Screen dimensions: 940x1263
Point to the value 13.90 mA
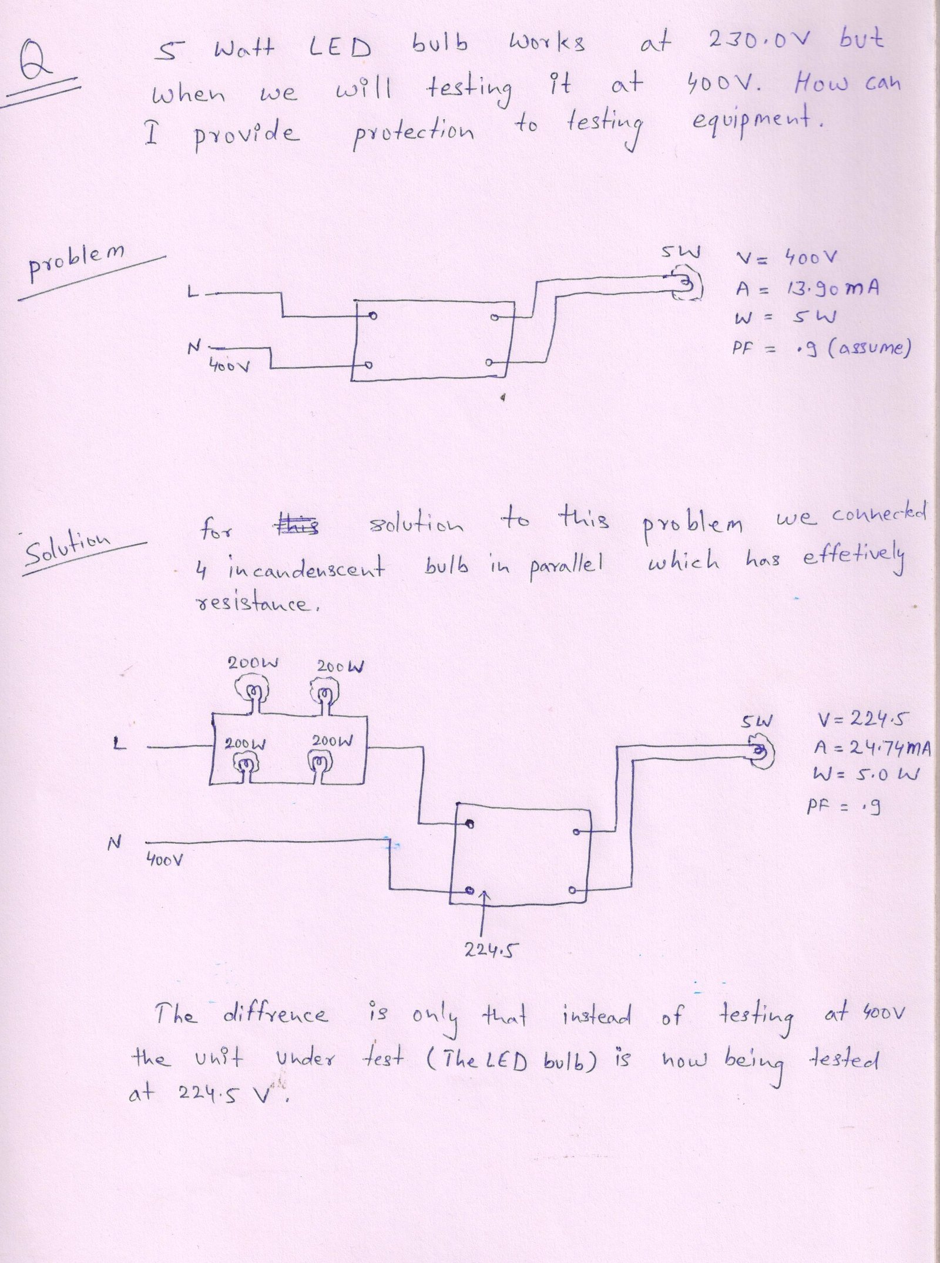pyautogui.click(x=832, y=288)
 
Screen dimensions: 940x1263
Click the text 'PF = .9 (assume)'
pyautogui.click(x=821, y=348)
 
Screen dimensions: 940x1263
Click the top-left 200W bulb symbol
pyautogui.click(x=253, y=691)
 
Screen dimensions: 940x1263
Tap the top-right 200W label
pyautogui.click(x=341, y=666)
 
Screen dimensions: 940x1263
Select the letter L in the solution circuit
pyautogui.click(x=119, y=744)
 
